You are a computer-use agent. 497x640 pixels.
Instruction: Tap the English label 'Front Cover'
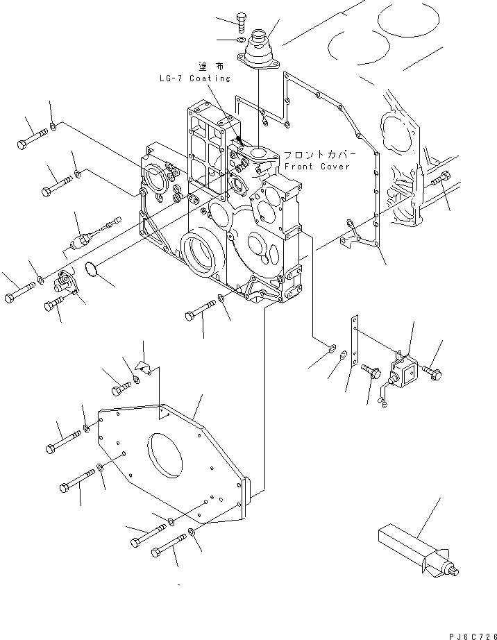pyautogui.click(x=317, y=167)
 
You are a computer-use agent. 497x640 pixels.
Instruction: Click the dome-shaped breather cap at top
pyautogui.click(x=260, y=46)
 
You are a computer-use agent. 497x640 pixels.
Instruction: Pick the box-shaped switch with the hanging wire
pyautogui.click(x=402, y=374)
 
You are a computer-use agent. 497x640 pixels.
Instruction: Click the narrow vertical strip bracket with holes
pyautogui.click(x=356, y=342)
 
